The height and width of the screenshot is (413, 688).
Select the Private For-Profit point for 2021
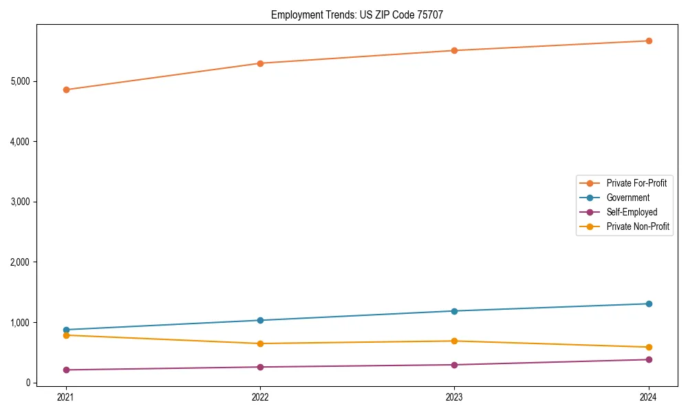(x=66, y=89)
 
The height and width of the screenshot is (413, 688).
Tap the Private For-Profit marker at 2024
(x=649, y=41)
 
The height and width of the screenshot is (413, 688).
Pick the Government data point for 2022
(x=260, y=320)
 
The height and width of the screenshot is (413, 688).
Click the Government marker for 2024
(x=649, y=304)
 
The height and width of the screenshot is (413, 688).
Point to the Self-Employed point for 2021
(x=66, y=370)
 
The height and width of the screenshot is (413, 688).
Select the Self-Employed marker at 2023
(x=454, y=365)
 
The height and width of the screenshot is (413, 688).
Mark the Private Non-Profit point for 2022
(x=260, y=343)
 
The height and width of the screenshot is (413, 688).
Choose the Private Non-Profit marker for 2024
(x=649, y=347)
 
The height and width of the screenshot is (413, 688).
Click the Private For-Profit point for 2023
(x=454, y=50)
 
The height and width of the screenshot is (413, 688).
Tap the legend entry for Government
(x=627, y=198)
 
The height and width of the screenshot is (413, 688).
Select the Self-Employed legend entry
(x=632, y=212)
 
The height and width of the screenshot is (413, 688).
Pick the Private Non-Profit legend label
(x=638, y=226)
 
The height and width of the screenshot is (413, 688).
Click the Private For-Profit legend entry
(x=636, y=183)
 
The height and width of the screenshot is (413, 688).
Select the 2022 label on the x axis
(x=260, y=397)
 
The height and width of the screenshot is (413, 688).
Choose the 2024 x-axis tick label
(x=649, y=397)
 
